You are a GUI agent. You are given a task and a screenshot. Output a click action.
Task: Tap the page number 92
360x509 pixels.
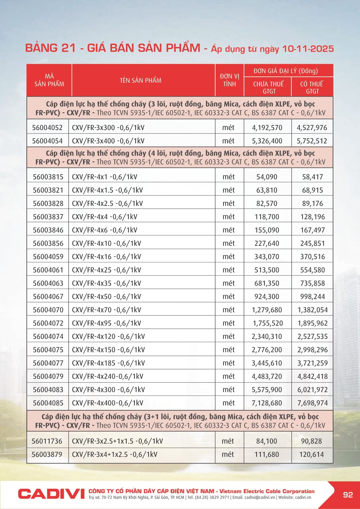[348, 494]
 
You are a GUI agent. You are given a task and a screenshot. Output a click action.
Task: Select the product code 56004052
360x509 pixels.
[47, 128]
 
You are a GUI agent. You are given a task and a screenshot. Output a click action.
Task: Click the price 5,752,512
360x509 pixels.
[312, 141]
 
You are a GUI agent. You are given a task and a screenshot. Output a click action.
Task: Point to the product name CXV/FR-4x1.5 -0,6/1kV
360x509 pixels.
[107, 190]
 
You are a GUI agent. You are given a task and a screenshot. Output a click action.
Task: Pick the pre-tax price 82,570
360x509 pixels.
[267, 203]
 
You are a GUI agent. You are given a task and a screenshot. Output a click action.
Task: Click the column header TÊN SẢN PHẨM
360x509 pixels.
[141, 80]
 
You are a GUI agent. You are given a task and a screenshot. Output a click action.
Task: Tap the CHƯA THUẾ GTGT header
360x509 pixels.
[268, 87]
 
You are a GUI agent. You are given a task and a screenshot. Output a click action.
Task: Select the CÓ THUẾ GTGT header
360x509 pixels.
[312, 87]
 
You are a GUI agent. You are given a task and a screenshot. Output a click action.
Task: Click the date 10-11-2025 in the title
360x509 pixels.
[308, 48]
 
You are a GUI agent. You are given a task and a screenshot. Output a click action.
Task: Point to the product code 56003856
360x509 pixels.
[48, 243]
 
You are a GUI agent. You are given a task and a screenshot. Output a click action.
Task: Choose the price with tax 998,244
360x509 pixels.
[312, 297]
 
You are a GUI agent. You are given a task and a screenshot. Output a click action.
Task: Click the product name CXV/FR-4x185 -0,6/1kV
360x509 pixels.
[108, 363]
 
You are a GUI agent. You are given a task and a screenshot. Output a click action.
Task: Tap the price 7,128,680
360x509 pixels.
[267, 403]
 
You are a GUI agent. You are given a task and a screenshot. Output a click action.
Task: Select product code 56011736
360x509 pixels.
[47, 441]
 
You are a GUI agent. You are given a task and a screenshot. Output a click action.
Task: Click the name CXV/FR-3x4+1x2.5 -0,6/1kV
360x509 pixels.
[115, 454]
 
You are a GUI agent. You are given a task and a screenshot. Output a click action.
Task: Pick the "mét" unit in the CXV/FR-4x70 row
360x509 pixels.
[229, 310]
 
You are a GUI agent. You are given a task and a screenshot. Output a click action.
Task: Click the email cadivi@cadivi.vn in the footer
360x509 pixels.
[260, 497]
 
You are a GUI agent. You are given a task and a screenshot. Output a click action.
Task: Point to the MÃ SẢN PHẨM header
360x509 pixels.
[49, 80]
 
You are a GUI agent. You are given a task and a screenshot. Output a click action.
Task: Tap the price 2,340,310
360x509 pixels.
[267, 337]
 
